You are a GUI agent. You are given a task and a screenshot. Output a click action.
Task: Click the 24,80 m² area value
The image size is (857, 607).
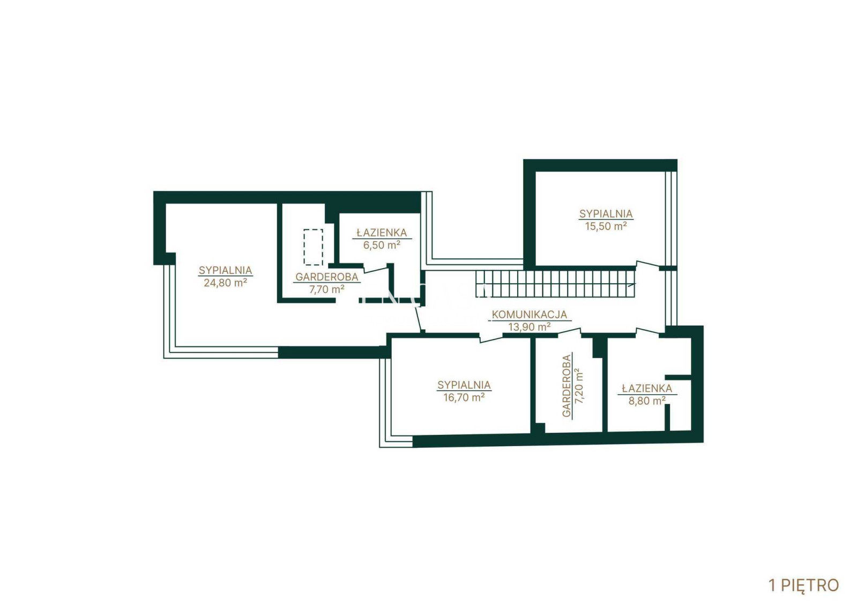225,283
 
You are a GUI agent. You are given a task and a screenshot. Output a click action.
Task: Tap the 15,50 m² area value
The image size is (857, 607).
606,226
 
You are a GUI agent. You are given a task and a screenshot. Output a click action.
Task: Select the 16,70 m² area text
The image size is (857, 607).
464,397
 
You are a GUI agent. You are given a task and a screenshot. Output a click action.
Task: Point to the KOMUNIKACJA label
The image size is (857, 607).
530,315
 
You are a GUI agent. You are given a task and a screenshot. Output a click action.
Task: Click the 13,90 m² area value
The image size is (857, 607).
530,327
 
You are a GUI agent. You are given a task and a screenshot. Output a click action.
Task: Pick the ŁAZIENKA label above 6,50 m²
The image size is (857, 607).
382,233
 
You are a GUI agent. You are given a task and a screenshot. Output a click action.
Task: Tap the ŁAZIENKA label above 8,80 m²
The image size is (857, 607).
647,388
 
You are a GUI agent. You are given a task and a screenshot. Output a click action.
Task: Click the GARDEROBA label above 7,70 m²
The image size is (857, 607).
327,277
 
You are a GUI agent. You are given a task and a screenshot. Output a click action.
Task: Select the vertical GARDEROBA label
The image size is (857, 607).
566,386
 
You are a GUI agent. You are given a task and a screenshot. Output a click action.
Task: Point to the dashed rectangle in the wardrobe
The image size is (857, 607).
314,247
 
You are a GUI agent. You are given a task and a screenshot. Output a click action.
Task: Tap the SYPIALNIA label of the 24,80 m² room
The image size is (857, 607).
225,270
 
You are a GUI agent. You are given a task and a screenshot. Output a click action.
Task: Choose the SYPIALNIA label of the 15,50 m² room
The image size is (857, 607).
606,213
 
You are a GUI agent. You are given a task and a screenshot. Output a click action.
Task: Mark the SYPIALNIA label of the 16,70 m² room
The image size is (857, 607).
464,384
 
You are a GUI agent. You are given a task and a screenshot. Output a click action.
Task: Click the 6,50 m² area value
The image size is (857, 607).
382,245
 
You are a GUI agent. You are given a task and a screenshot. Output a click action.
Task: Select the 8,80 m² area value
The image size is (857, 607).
647,401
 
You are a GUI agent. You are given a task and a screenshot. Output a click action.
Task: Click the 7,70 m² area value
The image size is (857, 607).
327,290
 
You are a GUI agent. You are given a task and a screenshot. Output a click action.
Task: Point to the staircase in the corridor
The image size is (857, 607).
555,284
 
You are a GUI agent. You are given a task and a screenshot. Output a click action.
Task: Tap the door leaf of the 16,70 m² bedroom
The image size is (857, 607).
491,339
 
